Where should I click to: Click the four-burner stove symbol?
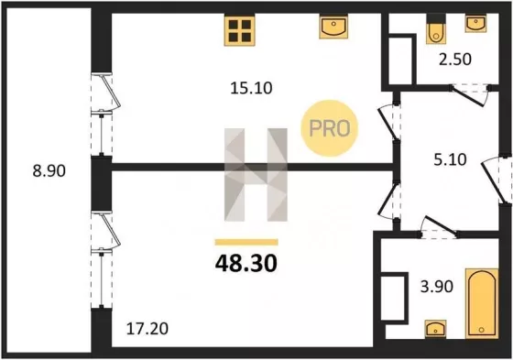click(239, 30)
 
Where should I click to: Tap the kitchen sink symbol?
click(333, 27)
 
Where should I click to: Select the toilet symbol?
click(435, 28)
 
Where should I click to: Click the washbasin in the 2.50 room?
click(475, 23)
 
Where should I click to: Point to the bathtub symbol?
click(482, 304)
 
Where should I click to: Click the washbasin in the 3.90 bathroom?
click(435, 329)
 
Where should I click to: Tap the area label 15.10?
click(251, 88)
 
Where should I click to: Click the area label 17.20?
click(147, 328)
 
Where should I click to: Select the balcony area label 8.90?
click(49, 170)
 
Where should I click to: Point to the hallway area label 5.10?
click(450, 159)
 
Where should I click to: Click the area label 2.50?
click(455, 60)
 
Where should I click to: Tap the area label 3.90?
click(437, 287)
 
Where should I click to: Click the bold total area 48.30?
click(246, 264)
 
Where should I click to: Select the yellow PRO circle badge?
click(330, 128)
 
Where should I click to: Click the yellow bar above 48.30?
click(246, 242)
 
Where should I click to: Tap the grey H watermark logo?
click(256, 175)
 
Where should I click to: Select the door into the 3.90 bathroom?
click(439, 226)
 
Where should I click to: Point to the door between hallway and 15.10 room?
click(389, 123)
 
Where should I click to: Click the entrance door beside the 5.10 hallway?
click(497, 180)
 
